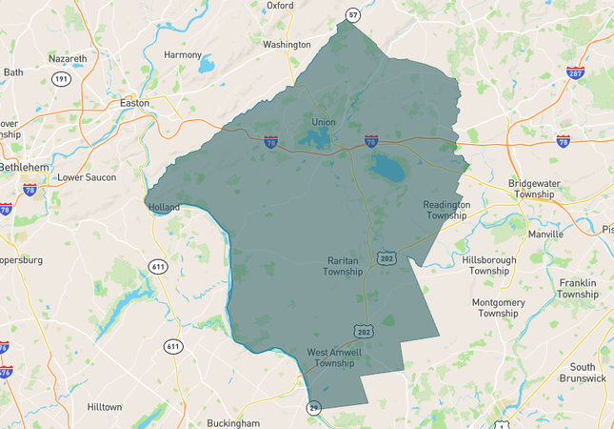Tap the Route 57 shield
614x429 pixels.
coord(354,15)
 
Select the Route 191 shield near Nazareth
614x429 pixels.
coord(61,79)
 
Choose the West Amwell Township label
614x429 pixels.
coord(330,357)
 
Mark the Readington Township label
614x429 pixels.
coord(446,210)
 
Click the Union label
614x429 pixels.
coord(324,122)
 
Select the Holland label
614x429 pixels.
coord(164,206)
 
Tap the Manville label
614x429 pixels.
coord(546,233)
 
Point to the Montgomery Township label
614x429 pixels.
coord(498,307)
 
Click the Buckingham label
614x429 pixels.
coord(233,422)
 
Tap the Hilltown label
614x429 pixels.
coord(105,406)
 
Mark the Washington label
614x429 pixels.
coord(287,45)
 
